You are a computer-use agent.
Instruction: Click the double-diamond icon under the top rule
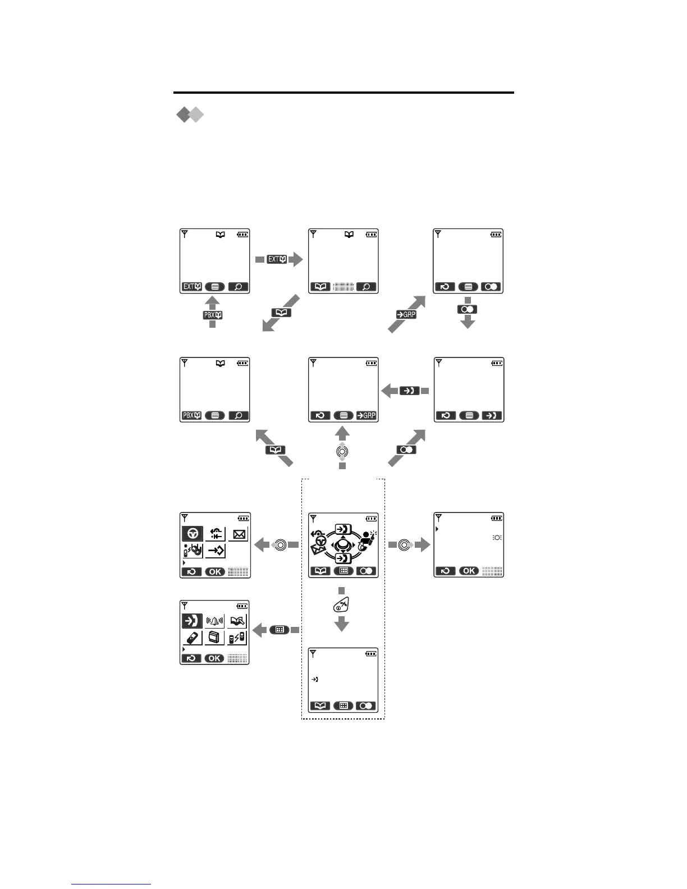tap(189, 114)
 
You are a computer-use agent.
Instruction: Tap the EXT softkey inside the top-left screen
tap(192, 287)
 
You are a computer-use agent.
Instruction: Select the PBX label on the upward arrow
tap(213, 315)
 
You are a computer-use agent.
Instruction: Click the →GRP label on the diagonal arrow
tap(406, 315)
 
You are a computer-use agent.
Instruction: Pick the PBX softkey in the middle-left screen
tap(192, 416)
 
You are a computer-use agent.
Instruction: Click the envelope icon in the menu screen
tap(239, 534)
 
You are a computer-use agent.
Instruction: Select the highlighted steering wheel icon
tap(193, 533)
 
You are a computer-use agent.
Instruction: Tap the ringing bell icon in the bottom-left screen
tap(215, 621)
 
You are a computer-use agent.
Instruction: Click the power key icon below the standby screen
tap(341, 605)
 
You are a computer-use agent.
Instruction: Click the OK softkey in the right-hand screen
tap(469, 571)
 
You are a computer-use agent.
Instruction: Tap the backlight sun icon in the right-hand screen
tap(497, 538)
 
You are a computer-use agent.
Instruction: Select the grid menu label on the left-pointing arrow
tap(279, 630)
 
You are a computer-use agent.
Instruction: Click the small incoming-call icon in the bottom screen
tap(315, 680)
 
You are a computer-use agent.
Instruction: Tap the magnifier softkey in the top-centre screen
tap(366, 287)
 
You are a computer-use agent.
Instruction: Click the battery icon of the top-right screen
tap(496, 234)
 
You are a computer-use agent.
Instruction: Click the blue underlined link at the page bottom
tap(111, 885)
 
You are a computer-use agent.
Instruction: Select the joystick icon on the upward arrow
tap(342, 451)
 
